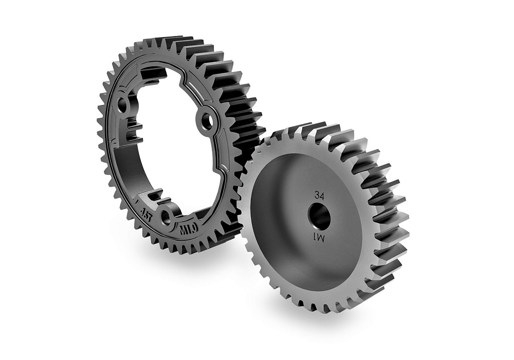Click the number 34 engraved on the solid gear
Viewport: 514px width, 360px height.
click(x=320, y=195)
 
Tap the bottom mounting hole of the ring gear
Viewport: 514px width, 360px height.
click(x=166, y=218)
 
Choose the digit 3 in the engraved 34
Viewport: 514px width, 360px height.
click(x=317, y=195)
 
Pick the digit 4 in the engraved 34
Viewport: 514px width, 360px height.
click(x=323, y=195)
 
